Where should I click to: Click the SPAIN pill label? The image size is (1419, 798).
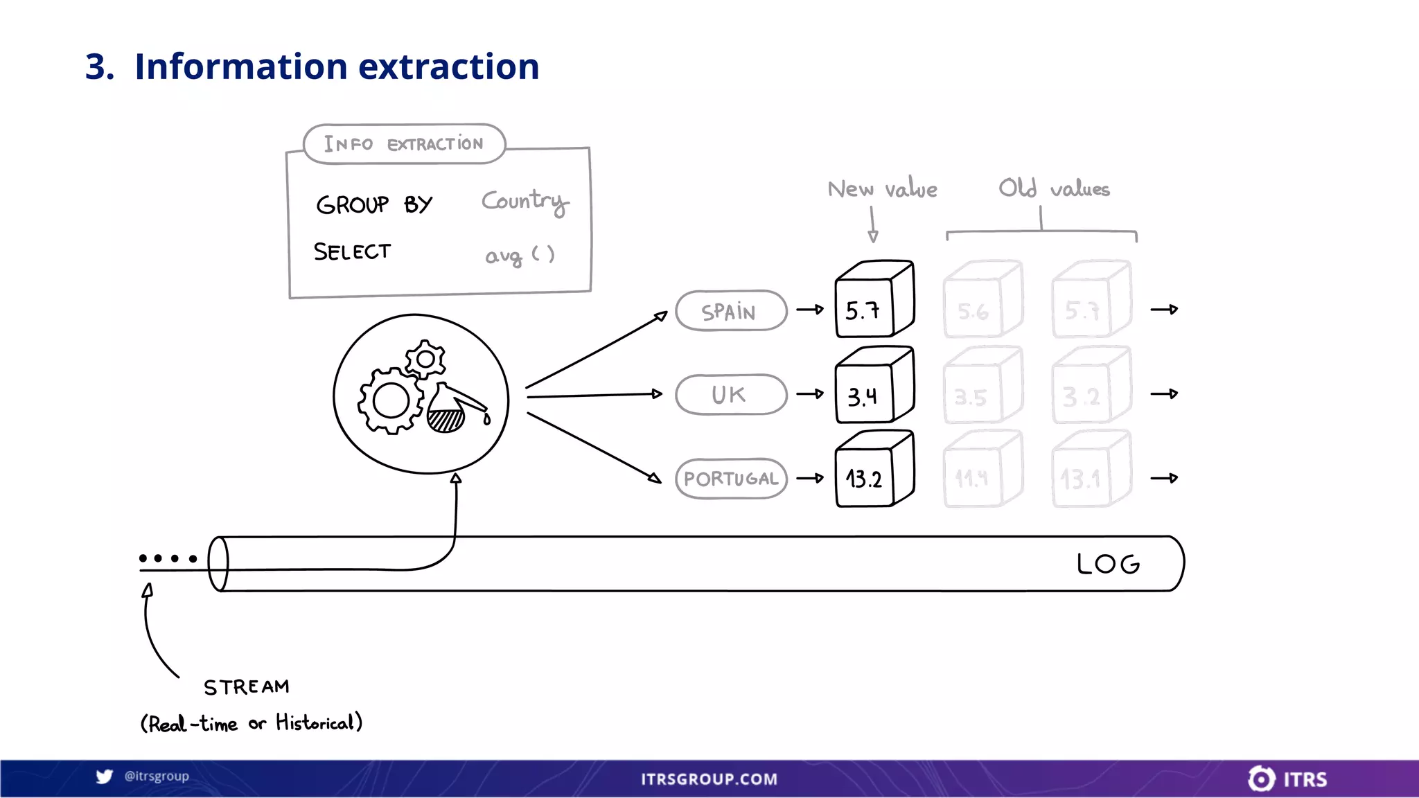(x=731, y=311)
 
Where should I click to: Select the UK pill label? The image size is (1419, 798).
(x=731, y=395)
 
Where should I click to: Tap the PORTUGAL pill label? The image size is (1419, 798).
(x=731, y=479)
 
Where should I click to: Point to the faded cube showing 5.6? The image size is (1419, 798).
(x=982, y=300)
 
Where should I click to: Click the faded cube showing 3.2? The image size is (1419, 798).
(x=1090, y=386)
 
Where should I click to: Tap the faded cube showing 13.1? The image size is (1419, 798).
(x=1090, y=470)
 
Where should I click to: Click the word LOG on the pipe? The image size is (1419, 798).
(x=1108, y=564)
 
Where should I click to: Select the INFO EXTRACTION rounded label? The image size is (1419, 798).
(x=404, y=144)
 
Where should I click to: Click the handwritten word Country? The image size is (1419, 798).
(x=525, y=202)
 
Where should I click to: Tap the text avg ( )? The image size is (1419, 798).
(x=520, y=256)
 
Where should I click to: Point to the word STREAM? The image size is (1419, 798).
(x=247, y=687)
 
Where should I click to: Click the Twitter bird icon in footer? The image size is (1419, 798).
(x=105, y=777)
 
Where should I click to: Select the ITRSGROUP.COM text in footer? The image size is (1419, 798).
(x=709, y=779)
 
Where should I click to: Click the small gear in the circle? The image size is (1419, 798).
(x=425, y=359)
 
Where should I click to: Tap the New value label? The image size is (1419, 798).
(x=882, y=189)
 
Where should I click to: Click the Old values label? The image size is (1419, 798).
(x=1054, y=188)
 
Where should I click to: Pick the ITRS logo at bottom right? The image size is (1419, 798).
(x=1287, y=779)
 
